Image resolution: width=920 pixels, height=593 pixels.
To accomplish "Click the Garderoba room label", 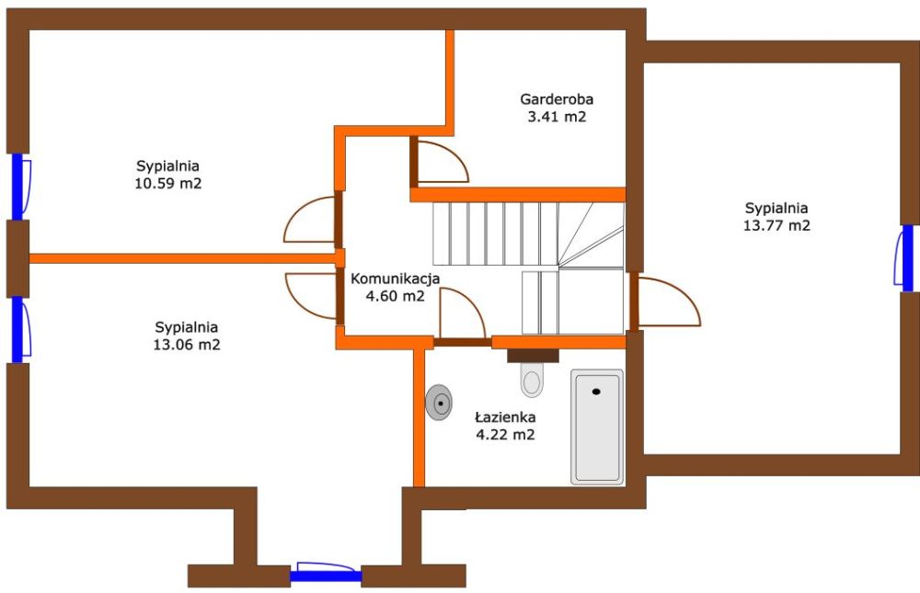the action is tap(557, 99).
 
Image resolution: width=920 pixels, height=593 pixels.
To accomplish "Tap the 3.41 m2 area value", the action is tap(557, 116).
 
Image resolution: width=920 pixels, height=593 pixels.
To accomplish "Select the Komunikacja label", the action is tap(395, 279).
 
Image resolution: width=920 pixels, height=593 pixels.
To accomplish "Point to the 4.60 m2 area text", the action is tap(395, 296).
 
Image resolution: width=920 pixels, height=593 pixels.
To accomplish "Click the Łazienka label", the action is tap(504, 417).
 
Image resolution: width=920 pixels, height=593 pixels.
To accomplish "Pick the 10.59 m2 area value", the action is tap(168, 183).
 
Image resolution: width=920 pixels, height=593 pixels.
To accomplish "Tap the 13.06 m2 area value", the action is tap(187, 344).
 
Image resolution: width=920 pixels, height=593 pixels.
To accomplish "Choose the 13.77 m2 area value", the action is tap(776, 225).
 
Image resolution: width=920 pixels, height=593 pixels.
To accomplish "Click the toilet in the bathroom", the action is tap(532, 379).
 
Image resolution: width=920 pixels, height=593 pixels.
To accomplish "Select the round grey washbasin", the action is tap(439, 403).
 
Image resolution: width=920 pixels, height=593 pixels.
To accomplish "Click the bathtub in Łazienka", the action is tap(597, 427).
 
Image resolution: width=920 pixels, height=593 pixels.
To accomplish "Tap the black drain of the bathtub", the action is tap(597, 392).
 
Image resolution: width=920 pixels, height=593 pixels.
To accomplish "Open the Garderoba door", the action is tap(440, 160).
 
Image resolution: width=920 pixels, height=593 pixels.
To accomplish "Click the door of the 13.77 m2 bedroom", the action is tap(665, 302).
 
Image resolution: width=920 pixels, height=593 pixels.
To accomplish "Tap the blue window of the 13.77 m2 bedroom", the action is tap(906, 258).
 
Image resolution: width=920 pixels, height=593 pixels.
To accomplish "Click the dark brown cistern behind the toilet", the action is tap(533, 356).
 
